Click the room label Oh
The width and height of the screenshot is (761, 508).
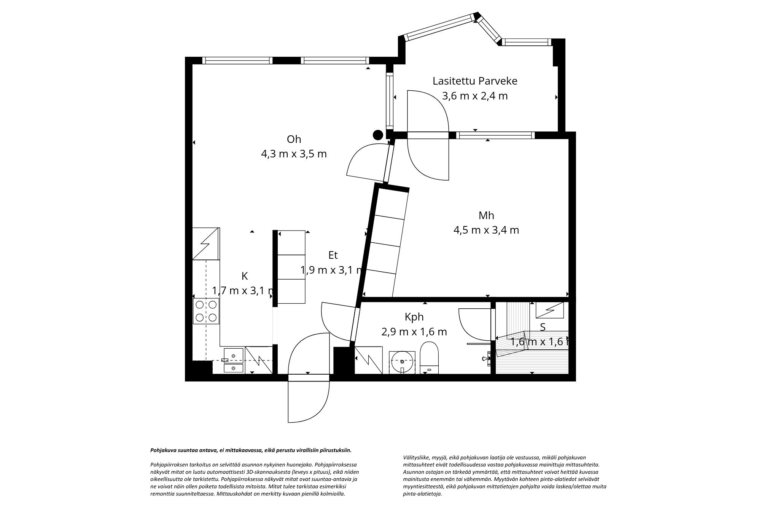294,139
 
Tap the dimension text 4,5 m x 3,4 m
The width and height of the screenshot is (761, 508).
486,230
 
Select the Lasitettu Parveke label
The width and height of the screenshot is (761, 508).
474,81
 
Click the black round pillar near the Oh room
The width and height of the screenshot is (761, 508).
378,135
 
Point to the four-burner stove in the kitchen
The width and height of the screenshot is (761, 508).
206,311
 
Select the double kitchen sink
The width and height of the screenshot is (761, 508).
233,361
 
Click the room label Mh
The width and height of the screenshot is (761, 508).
486,216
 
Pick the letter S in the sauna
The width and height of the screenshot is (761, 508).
543,327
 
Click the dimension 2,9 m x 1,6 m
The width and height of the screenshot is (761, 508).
414,332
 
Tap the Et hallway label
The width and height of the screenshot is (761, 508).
333,255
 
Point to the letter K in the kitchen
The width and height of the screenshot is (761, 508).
245,276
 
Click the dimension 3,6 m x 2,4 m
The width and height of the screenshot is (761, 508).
474,96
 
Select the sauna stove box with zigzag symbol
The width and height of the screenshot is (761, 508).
550,310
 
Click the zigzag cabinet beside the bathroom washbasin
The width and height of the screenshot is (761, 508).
368,359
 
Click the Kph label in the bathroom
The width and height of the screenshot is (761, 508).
414,317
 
